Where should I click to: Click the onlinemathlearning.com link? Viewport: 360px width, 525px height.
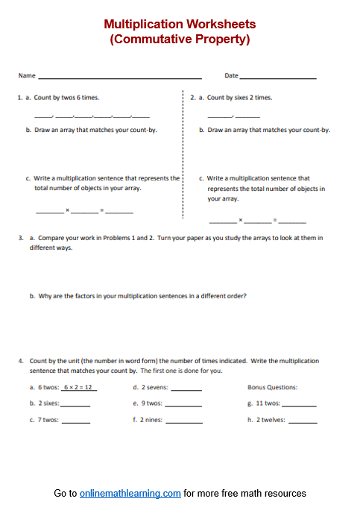click(x=130, y=493)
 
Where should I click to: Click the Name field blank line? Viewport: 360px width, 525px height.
click(x=119, y=77)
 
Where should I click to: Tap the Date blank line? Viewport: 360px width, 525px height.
click(x=278, y=77)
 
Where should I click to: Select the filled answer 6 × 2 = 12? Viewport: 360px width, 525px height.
click(x=79, y=387)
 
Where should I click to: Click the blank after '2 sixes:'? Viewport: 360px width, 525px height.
click(x=75, y=405)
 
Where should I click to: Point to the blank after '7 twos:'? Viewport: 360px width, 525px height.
click(x=75, y=421)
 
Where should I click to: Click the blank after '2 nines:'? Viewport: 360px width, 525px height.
click(x=186, y=421)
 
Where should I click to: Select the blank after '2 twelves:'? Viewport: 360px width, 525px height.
click(x=302, y=421)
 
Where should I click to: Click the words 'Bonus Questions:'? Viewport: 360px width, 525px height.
click(x=272, y=387)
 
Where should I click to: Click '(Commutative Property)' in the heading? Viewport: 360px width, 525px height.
click(x=180, y=40)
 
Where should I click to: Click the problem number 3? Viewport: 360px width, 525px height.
click(x=21, y=238)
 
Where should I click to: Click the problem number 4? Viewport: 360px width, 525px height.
click(x=21, y=361)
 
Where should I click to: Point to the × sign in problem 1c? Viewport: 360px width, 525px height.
click(x=67, y=210)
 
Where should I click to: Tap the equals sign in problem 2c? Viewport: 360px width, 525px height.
click(x=275, y=220)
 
